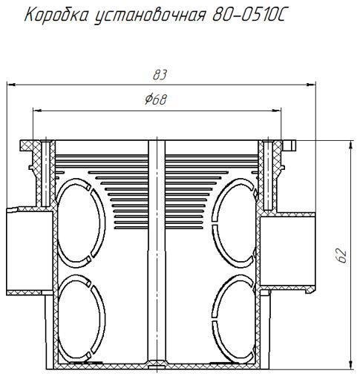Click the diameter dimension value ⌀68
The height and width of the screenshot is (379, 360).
point(156,101)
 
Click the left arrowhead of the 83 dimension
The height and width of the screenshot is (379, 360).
point(12,85)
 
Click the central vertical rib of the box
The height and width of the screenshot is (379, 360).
point(156,252)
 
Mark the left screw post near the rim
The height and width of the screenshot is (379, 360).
point(46,174)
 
